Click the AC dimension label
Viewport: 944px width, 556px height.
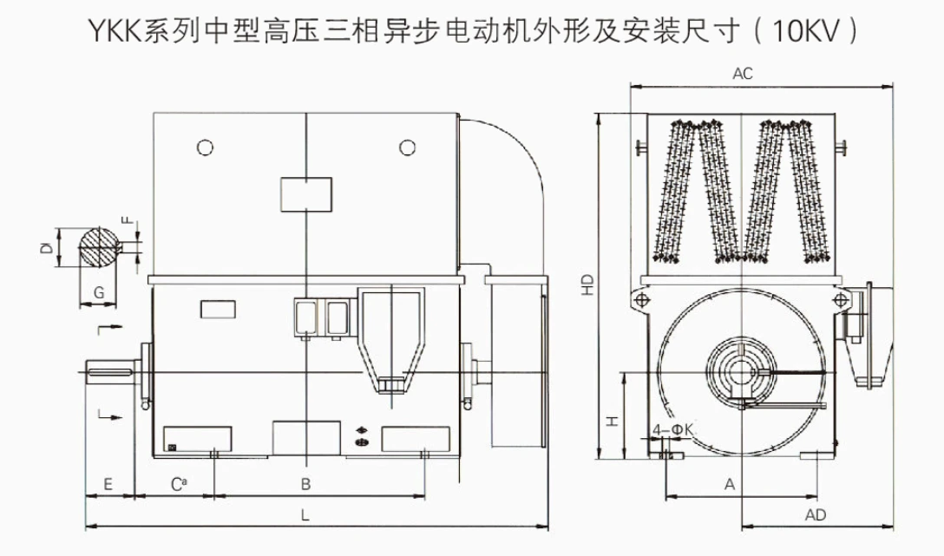(x=743, y=74)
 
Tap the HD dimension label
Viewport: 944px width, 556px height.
(x=587, y=284)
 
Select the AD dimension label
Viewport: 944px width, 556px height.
(x=816, y=515)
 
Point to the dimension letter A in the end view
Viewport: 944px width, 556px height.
(x=730, y=484)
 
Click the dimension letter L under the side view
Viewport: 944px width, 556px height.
(x=305, y=515)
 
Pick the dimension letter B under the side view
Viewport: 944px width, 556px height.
(x=305, y=484)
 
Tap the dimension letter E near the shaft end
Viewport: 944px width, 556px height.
(x=108, y=484)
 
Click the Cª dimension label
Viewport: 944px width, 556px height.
(x=179, y=484)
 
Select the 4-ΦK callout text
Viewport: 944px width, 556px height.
(x=673, y=429)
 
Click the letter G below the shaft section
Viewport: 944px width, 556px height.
(x=99, y=293)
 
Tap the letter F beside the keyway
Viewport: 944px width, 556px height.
(x=128, y=219)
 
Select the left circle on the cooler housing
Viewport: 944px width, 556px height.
(x=206, y=147)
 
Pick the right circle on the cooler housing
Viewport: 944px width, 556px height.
(x=408, y=147)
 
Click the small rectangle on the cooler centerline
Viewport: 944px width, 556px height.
(x=306, y=194)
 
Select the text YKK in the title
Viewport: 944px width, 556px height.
(x=115, y=31)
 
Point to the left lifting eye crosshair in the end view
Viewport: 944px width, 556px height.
(x=642, y=299)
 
